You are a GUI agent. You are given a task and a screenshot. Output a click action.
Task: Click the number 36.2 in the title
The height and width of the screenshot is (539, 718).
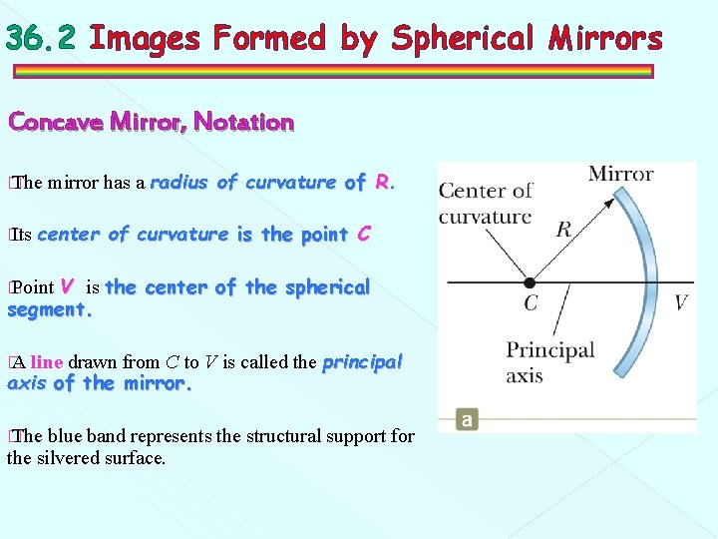point(39,38)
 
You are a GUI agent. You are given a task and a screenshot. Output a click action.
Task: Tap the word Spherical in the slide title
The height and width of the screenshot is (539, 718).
point(463,38)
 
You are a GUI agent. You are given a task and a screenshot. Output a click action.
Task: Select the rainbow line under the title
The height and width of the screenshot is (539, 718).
point(333,72)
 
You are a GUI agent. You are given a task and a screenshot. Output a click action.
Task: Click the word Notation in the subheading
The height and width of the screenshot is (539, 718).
point(243,123)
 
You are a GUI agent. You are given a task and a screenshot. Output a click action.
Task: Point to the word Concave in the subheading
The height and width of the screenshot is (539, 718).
point(56,123)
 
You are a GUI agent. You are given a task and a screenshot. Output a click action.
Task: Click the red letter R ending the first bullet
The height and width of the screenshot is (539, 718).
point(383,183)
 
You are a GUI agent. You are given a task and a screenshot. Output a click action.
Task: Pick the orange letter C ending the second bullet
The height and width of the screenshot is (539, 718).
point(364,235)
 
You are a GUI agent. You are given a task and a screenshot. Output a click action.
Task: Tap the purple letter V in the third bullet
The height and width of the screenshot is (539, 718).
point(67,286)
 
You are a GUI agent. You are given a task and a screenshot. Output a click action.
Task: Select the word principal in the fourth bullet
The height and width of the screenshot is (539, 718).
point(362,362)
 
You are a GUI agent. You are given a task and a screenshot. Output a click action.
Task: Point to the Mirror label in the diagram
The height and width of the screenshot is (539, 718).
point(620,174)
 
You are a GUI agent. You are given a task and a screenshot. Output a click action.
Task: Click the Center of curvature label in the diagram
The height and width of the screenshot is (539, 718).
point(486,203)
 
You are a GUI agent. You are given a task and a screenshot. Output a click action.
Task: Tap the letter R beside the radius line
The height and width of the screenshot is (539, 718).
point(563,231)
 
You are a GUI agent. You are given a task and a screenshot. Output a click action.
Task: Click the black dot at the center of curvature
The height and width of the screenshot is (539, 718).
point(531,282)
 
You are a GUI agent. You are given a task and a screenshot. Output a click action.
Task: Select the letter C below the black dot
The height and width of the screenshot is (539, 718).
point(531,303)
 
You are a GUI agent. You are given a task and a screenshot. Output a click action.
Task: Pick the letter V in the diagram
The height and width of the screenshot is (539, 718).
point(681,302)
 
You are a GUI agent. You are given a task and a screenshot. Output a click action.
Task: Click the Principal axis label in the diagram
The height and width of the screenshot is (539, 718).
point(549,361)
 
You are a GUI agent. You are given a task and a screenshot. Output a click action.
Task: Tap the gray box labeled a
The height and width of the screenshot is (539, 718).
point(467,419)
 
